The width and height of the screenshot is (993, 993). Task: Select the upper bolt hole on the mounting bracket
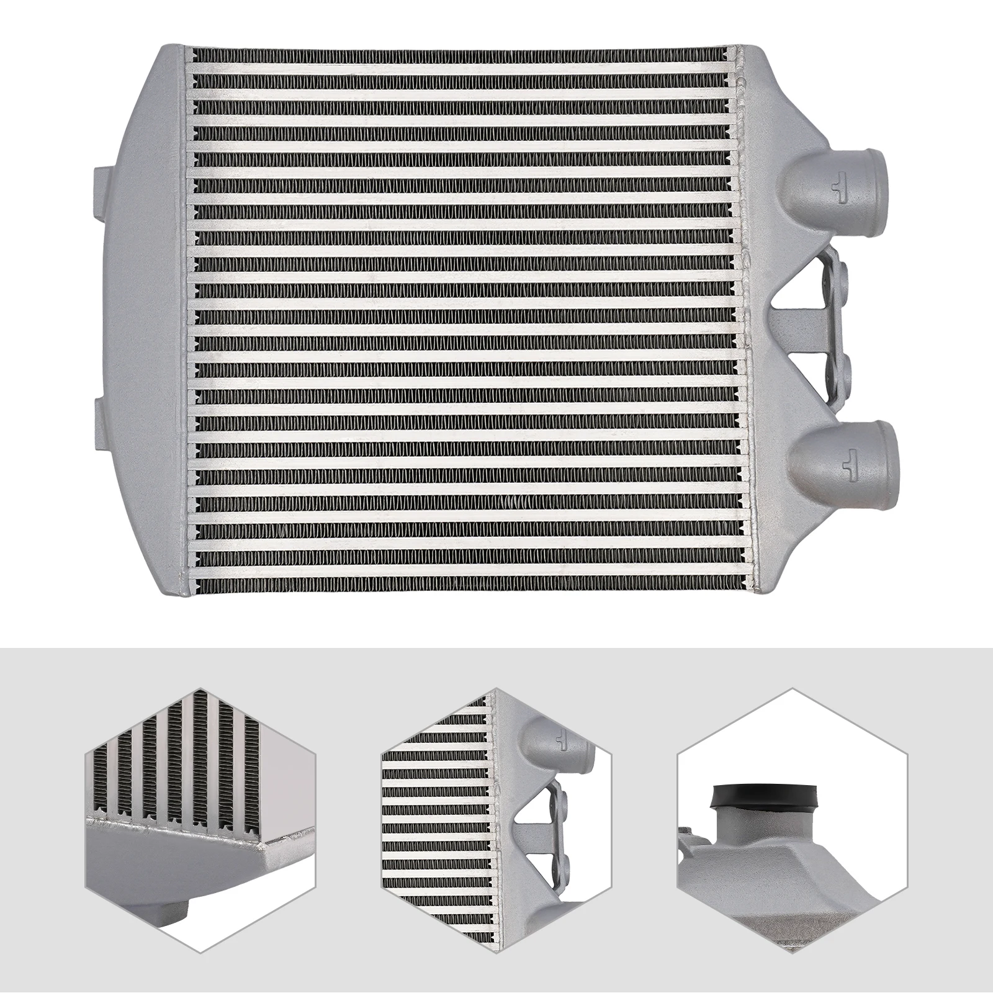[845, 273]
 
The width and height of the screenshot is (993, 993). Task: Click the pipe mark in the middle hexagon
[562, 740]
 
